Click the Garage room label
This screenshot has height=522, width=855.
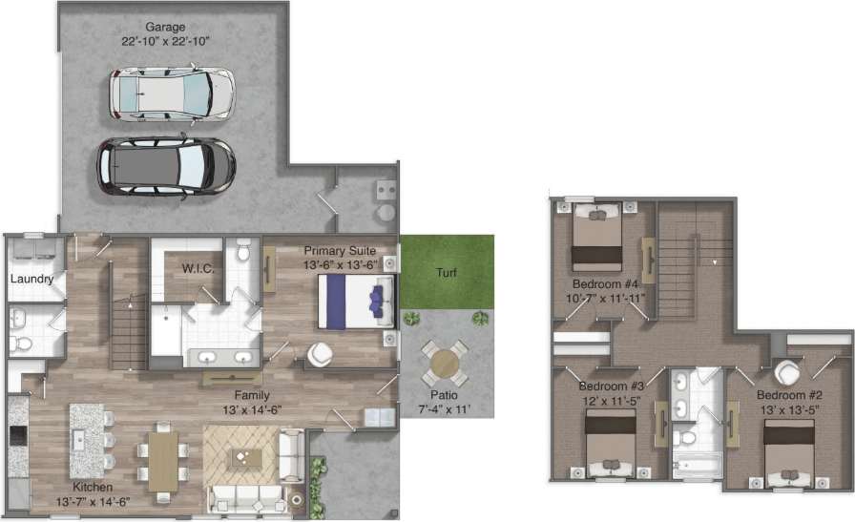click(x=165, y=27)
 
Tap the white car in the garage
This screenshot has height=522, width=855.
click(x=171, y=93)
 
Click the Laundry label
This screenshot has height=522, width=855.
click(x=31, y=279)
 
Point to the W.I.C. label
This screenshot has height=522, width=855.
click(x=198, y=269)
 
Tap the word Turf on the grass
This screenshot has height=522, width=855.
click(x=447, y=273)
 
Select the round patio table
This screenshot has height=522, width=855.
click(x=445, y=364)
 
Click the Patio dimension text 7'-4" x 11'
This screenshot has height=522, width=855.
click(x=445, y=409)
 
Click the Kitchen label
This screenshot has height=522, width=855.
click(x=93, y=487)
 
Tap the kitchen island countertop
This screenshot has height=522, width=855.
click(x=85, y=439)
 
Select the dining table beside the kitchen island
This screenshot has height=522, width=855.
click(x=163, y=461)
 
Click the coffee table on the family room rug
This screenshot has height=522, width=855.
click(x=244, y=459)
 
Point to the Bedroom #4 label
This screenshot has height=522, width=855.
click(x=604, y=284)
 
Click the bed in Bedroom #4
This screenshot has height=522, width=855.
click(x=597, y=240)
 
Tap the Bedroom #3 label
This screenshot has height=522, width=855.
click(x=612, y=386)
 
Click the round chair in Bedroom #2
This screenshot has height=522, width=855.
click(x=788, y=371)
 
